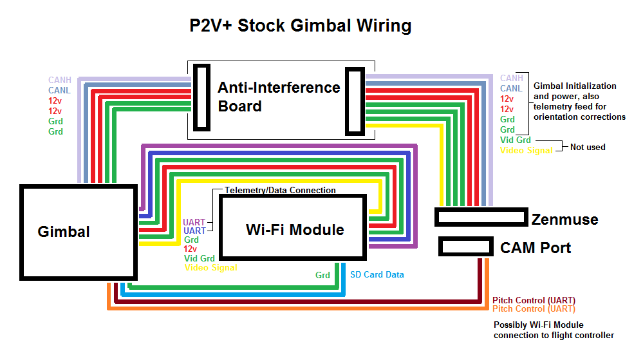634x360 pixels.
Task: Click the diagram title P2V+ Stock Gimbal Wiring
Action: click(300, 26)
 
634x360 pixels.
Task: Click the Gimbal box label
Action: click(64, 232)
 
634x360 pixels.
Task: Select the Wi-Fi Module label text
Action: click(295, 230)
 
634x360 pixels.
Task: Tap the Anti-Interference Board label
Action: click(278, 97)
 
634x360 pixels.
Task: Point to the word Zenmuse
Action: click(564, 220)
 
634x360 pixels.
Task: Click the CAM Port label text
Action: click(536, 247)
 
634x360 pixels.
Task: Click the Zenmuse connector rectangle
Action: click(481, 217)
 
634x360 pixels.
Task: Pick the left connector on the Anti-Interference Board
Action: click(202, 97)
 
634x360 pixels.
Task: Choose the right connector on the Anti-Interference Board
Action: click(355, 100)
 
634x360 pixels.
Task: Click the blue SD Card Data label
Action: click(377, 274)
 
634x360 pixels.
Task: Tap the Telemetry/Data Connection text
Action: click(280, 191)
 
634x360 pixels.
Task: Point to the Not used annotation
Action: click(588, 147)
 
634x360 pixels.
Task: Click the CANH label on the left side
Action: click(60, 81)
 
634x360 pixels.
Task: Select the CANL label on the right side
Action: click(511, 88)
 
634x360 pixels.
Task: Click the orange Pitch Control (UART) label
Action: click(534, 309)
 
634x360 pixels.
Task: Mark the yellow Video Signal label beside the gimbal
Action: click(210, 267)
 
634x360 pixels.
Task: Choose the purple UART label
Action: click(194, 222)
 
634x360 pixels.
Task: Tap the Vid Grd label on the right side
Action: click(516, 140)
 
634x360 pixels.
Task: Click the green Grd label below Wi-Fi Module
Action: click(322, 275)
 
